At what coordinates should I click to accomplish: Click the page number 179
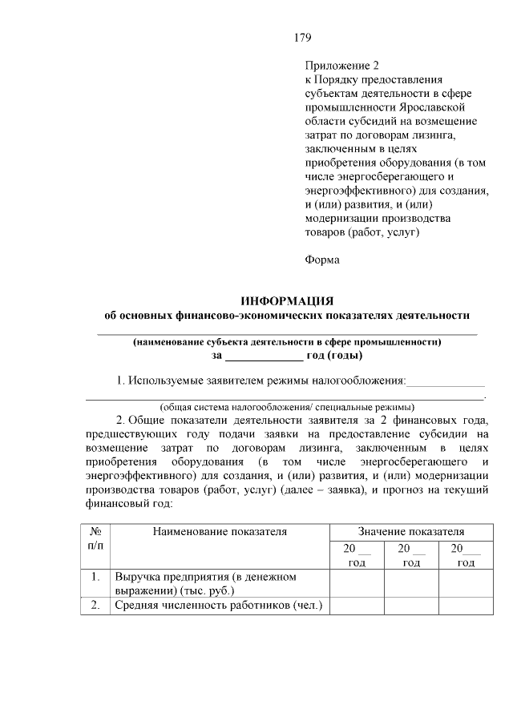302,38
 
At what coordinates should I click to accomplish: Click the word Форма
322,259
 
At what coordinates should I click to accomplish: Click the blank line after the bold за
263,356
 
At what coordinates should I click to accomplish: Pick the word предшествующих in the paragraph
131,434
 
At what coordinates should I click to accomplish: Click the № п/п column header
95,538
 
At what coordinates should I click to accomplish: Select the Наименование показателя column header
220,530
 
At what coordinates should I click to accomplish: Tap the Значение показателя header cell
410,530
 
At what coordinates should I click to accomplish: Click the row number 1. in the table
95,577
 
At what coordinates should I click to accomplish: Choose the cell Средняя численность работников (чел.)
218,606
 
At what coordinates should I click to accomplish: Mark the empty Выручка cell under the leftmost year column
357,583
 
